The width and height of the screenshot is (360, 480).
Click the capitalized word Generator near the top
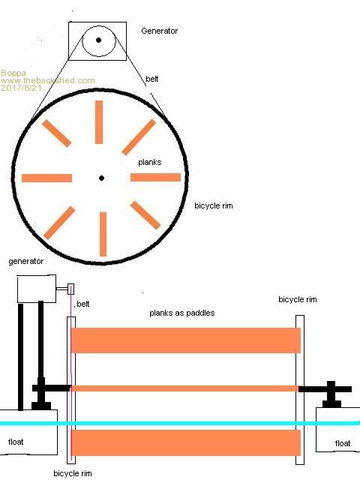click(159, 31)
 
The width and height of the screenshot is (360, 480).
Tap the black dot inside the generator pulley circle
click(98, 40)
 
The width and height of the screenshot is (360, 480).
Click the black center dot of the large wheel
click(102, 178)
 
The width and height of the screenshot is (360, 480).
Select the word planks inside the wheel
click(150, 162)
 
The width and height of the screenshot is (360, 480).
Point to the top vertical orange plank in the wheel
click(99, 122)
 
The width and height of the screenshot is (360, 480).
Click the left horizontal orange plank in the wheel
click(46, 178)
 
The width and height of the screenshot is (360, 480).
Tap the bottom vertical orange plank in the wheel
click(103, 234)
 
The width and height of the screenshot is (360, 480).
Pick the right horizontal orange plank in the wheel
click(155, 177)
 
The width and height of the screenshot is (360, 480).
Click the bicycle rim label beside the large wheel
click(214, 205)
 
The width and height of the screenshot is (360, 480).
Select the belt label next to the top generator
click(151, 79)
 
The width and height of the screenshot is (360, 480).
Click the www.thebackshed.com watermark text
click(48, 80)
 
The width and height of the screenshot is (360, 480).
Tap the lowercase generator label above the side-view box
click(26, 262)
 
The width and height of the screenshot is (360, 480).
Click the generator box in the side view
click(37, 289)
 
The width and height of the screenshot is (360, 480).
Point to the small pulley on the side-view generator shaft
click(70, 289)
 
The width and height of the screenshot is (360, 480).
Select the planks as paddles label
click(181, 313)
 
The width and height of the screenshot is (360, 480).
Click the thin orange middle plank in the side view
click(184, 388)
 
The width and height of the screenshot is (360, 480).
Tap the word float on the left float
click(16, 442)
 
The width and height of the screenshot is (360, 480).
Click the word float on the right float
click(343, 443)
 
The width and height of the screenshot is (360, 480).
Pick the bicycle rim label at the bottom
click(73, 473)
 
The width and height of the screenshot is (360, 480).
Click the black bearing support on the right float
click(331, 394)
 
